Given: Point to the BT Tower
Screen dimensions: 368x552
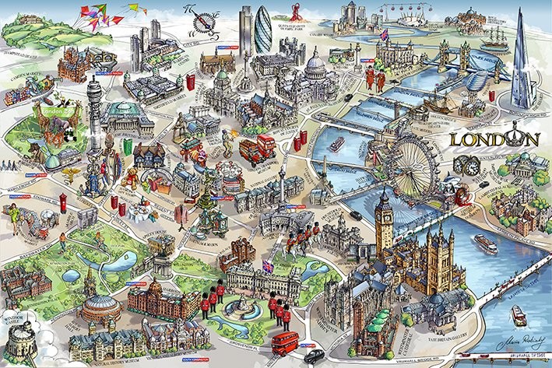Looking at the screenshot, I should [x=94, y=109].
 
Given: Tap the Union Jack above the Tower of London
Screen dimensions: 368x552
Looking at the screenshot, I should [x=385, y=35].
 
